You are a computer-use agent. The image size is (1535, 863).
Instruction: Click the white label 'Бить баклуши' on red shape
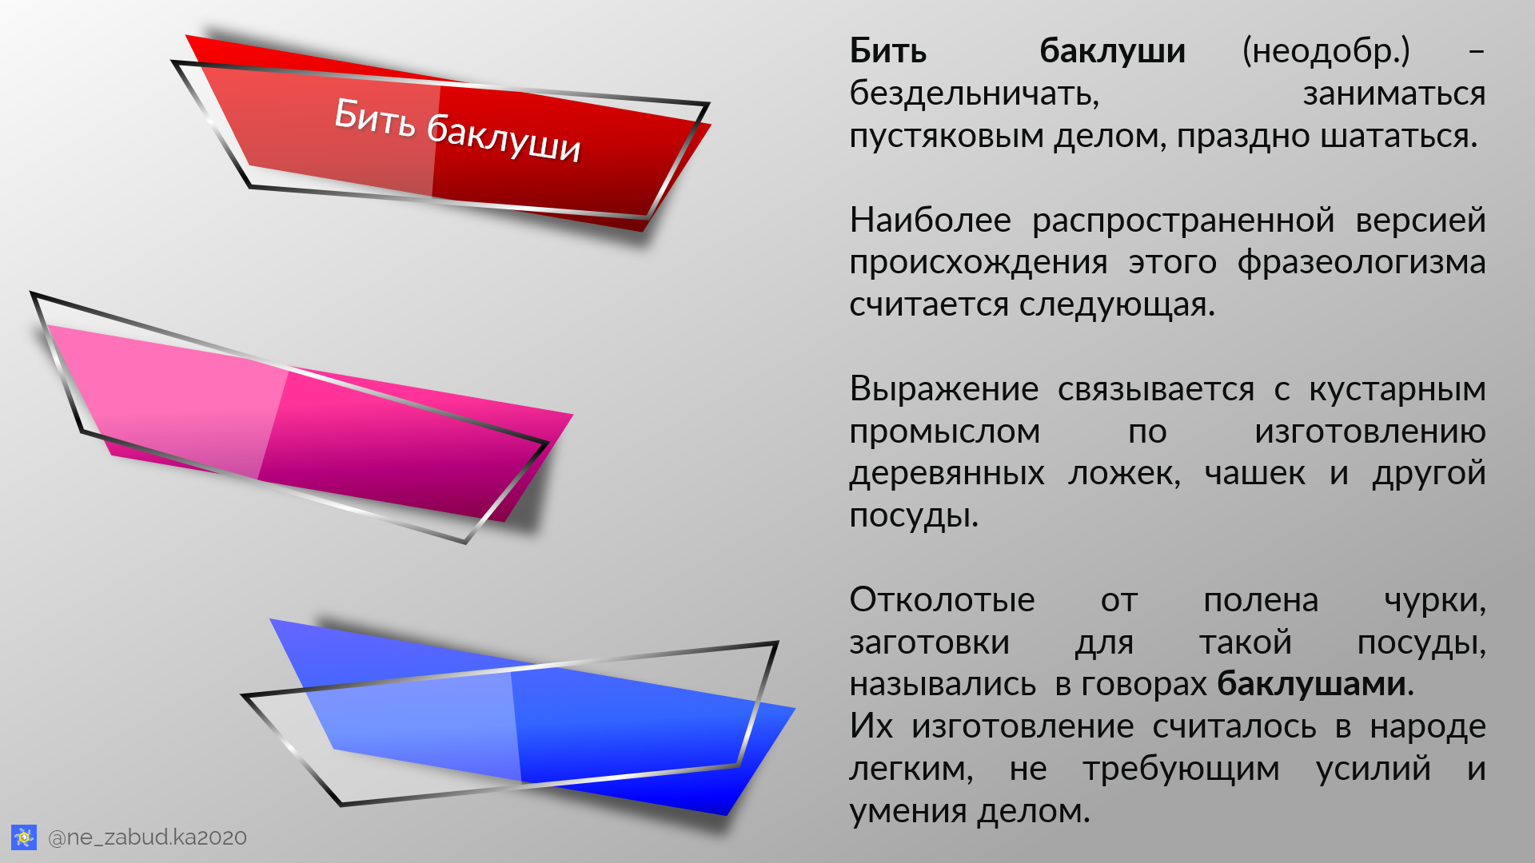click(x=457, y=129)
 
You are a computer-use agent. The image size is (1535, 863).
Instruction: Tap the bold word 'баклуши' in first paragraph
click(x=1112, y=51)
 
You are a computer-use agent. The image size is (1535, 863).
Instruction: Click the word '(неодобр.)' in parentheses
click(x=1326, y=51)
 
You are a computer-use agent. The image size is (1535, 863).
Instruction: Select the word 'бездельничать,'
click(x=974, y=94)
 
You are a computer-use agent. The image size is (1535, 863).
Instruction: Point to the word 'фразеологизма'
click(x=1361, y=262)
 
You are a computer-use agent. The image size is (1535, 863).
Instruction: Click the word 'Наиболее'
click(x=930, y=220)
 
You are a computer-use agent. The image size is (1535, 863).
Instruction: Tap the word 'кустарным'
click(x=1397, y=389)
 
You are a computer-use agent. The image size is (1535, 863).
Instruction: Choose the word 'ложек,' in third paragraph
click(x=1124, y=473)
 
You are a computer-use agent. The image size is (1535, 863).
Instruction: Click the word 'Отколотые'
click(x=942, y=599)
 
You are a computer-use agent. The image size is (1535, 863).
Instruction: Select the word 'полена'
click(x=1260, y=599)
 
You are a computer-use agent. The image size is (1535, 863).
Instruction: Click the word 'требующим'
click(x=1181, y=769)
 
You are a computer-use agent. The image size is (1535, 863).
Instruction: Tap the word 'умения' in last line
click(x=909, y=812)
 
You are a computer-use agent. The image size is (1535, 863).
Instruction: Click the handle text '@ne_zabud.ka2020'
click(x=147, y=837)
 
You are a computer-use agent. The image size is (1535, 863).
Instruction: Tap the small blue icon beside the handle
click(x=24, y=837)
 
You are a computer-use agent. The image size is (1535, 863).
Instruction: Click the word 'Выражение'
click(x=943, y=389)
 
